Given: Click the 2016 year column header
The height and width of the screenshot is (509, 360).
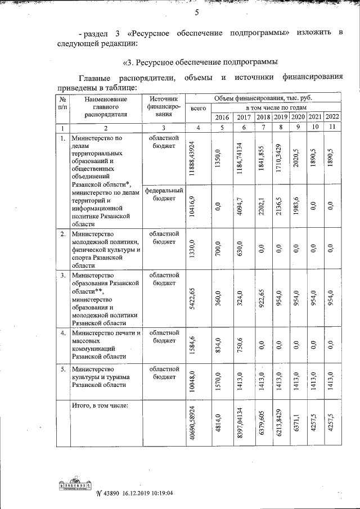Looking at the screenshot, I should coord(222,117).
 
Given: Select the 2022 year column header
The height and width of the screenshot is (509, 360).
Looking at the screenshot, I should coord(333,117).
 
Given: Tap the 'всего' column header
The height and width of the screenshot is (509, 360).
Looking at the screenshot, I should coord(199,108).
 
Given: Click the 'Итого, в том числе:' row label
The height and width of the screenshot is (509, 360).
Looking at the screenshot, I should coord(100,405).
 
